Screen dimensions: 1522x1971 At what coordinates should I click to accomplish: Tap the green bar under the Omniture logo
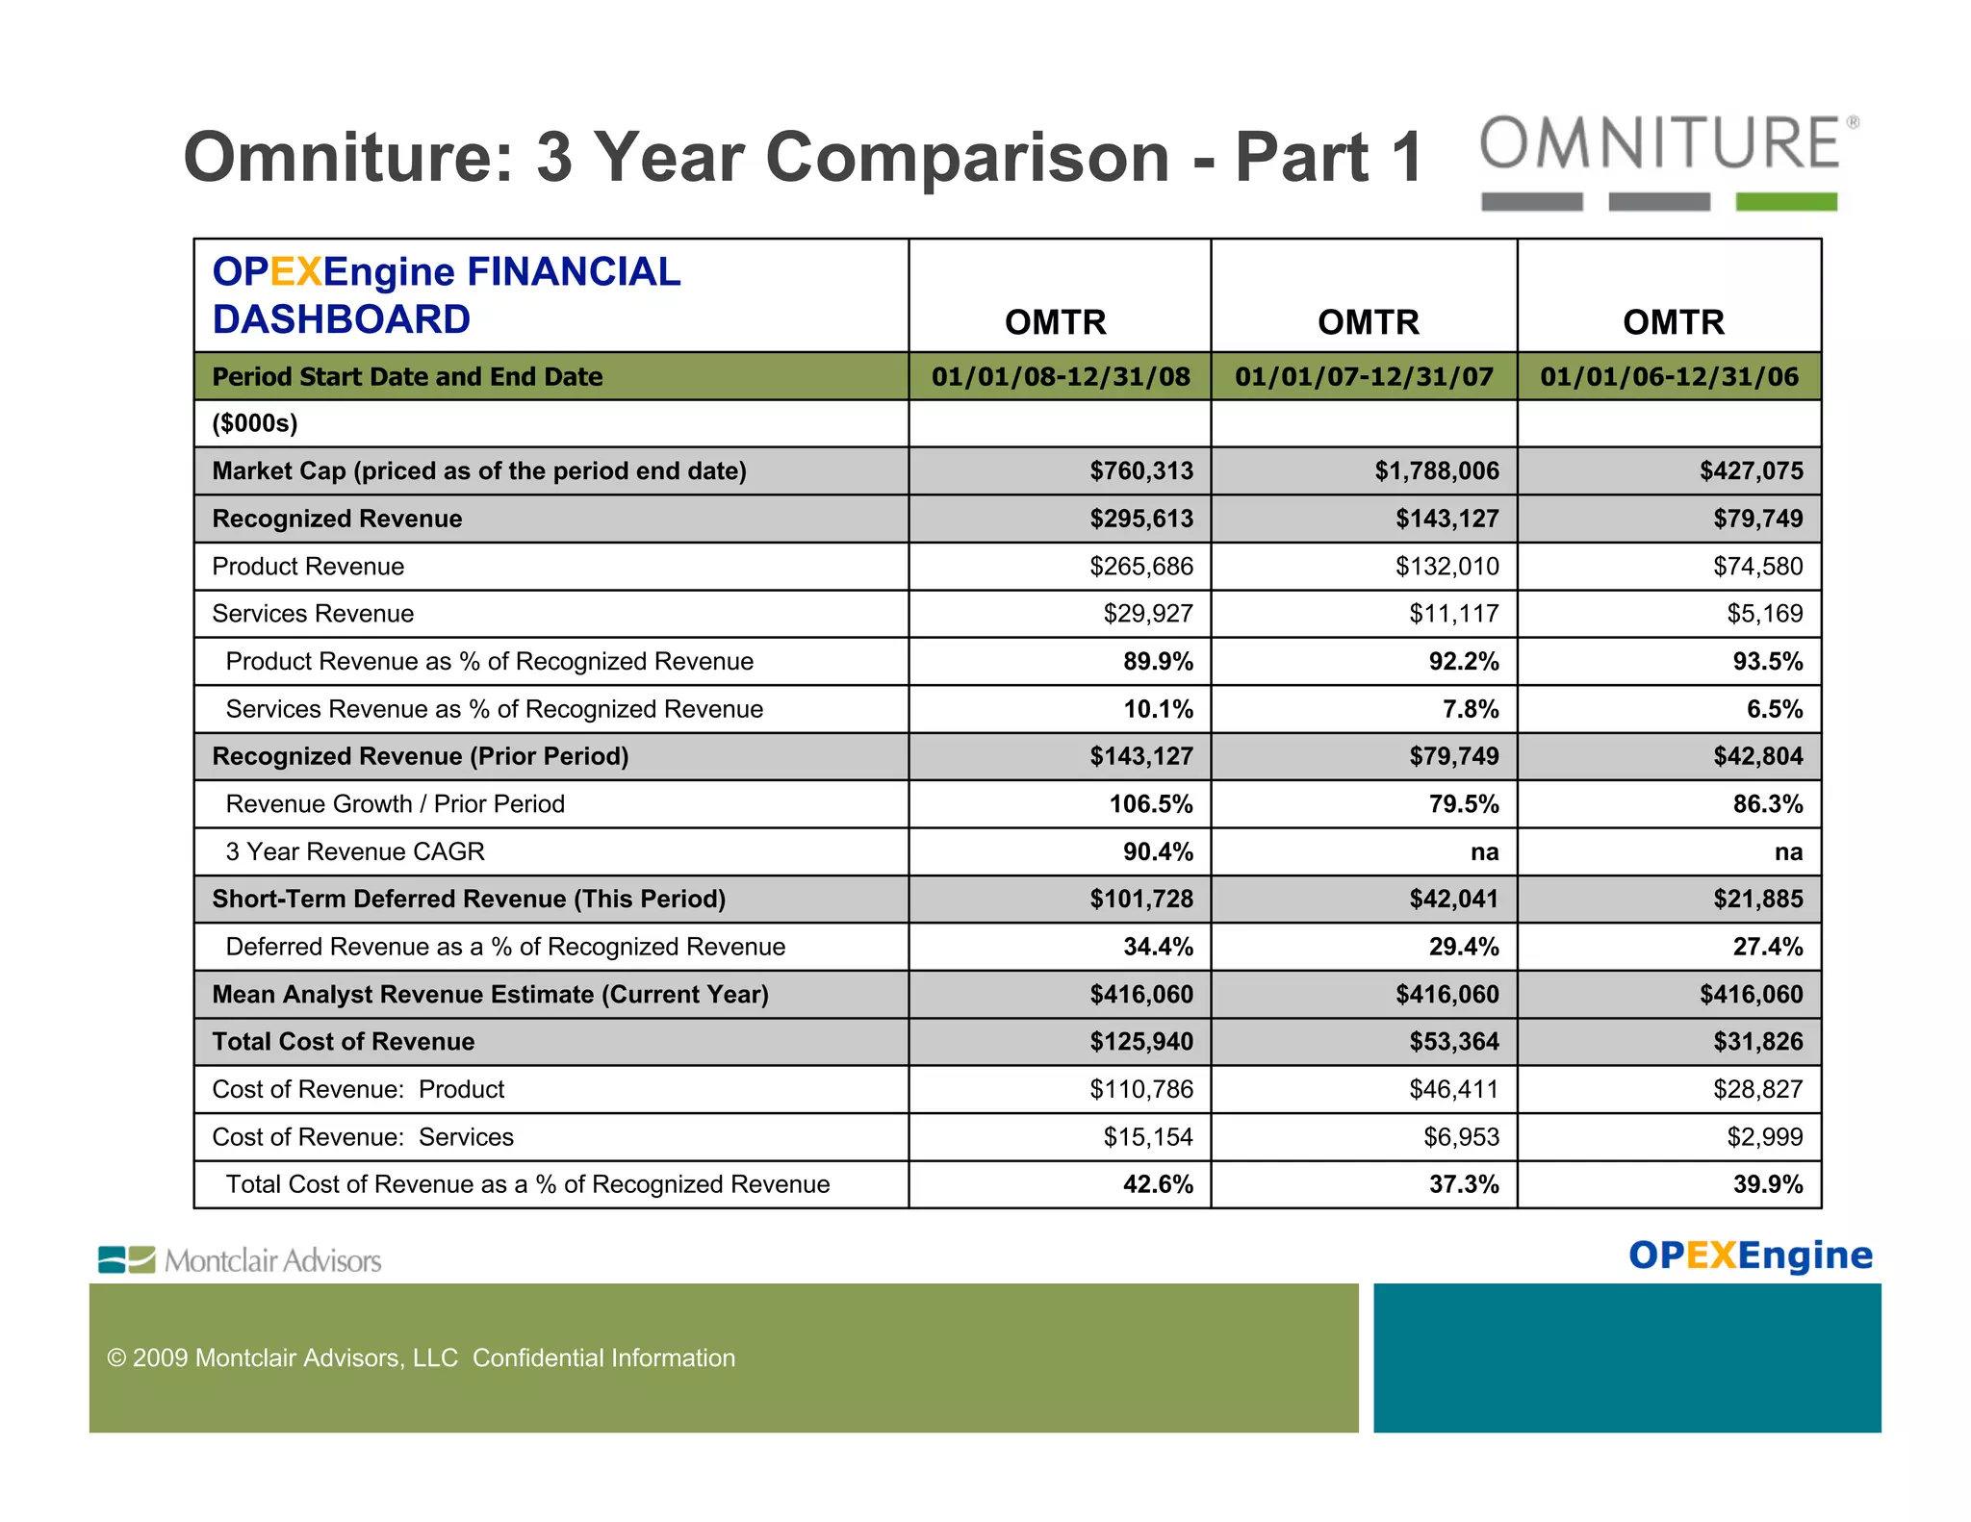pos(1785,201)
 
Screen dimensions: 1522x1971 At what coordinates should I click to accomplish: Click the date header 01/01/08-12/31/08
pos(1061,376)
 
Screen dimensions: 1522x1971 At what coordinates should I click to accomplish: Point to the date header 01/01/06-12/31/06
pos(1669,376)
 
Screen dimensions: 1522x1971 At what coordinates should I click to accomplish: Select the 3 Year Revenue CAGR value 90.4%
pos(1158,851)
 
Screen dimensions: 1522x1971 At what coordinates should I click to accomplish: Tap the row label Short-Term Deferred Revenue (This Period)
pos(469,899)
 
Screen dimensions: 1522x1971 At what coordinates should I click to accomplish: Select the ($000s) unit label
pos(255,423)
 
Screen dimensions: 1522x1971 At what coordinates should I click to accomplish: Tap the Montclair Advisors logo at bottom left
pos(241,1260)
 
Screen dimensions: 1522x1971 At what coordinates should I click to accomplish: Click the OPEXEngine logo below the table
pos(1750,1256)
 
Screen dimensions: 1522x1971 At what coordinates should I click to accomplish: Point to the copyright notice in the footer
pos(421,1357)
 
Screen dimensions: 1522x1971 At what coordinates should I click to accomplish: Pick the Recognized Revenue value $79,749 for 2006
pos(1757,520)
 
